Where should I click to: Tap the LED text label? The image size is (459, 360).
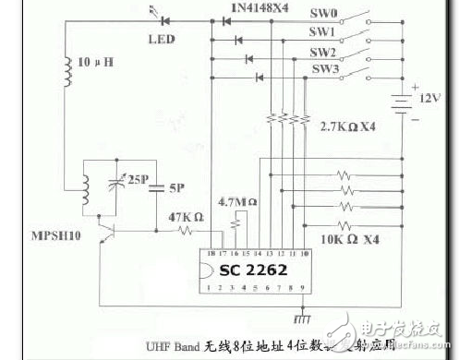tap(163, 39)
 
